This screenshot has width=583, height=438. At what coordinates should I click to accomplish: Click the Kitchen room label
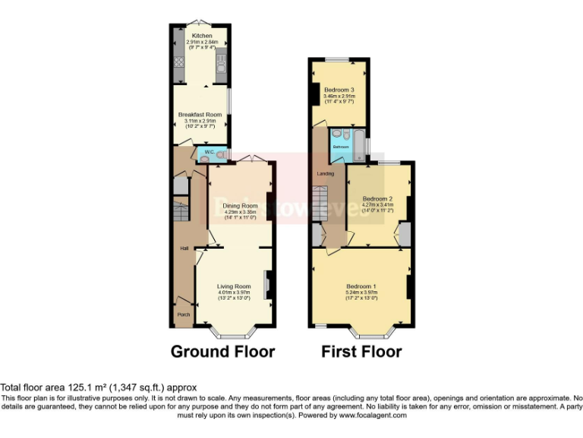[201, 36]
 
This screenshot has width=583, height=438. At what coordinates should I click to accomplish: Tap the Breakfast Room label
[200, 114]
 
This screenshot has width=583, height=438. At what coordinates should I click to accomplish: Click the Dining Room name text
[239, 205]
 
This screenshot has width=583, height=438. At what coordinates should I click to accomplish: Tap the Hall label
[184, 249]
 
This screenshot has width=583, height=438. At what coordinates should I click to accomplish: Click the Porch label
[183, 315]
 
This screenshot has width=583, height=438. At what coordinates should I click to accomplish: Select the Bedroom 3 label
[339, 90]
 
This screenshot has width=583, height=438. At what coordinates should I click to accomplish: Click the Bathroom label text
[341, 147]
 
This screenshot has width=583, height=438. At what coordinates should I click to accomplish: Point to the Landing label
[326, 174]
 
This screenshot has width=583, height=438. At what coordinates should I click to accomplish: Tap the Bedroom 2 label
[377, 198]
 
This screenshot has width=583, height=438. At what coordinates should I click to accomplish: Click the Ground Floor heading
[222, 352]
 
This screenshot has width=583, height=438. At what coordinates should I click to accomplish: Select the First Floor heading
[361, 352]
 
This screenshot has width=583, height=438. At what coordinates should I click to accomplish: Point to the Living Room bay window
[233, 332]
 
